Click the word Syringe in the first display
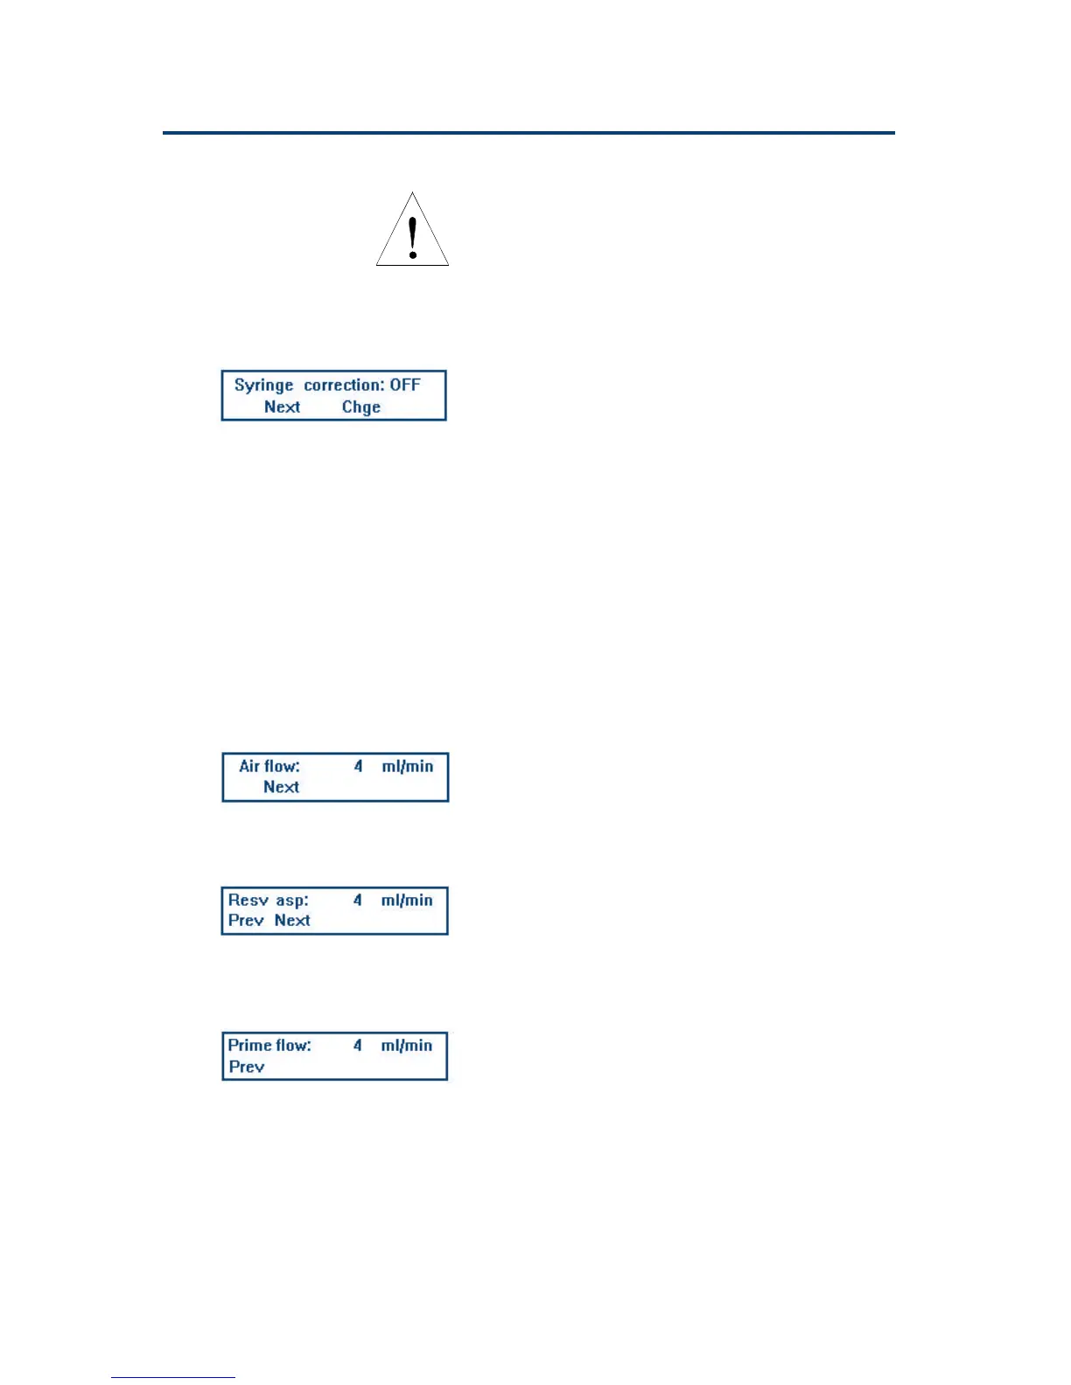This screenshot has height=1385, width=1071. pyautogui.click(x=263, y=386)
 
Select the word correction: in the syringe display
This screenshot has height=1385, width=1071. pyautogui.click(x=344, y=385)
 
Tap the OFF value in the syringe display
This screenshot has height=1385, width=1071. pyautogui.click(x=405, y=385)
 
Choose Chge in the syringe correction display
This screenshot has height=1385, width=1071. pyautogui.click(x=360, y=407)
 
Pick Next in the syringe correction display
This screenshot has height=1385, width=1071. pyautogui.click(x=282, y=407)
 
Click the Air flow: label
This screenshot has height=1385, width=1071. pyautogui.click(x=269, y=766)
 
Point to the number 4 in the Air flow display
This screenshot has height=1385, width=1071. pyautogui.click(x=358, y=766)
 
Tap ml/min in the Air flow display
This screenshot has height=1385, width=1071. pyautogui.click(x=407, y=766)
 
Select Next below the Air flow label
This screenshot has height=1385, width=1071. pyautogui.click(x=281, y=787)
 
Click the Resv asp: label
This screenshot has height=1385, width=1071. pyautogui.click(x=268, y=900)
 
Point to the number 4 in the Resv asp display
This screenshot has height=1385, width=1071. pyautogui.click(x=357, y=900)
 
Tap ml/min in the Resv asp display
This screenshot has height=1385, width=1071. pyautogui.click(x=407, y=900)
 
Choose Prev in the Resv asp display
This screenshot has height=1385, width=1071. pyautogui.click(x=246, y=920)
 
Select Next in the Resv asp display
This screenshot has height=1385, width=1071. pyautogui.click(x=292, y=920)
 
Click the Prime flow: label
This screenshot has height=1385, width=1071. pyautogui.click(x=269, y=1045)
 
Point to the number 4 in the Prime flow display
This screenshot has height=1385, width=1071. pyautogui.click(x=357, y=1045)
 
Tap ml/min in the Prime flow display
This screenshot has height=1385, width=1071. pyautogui.click(x=407, y=1045)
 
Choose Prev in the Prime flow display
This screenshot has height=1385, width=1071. pyautogui.click(x=246, y=1067)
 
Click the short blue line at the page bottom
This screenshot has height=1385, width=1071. pyautogui.click(x=172, y=1377)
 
